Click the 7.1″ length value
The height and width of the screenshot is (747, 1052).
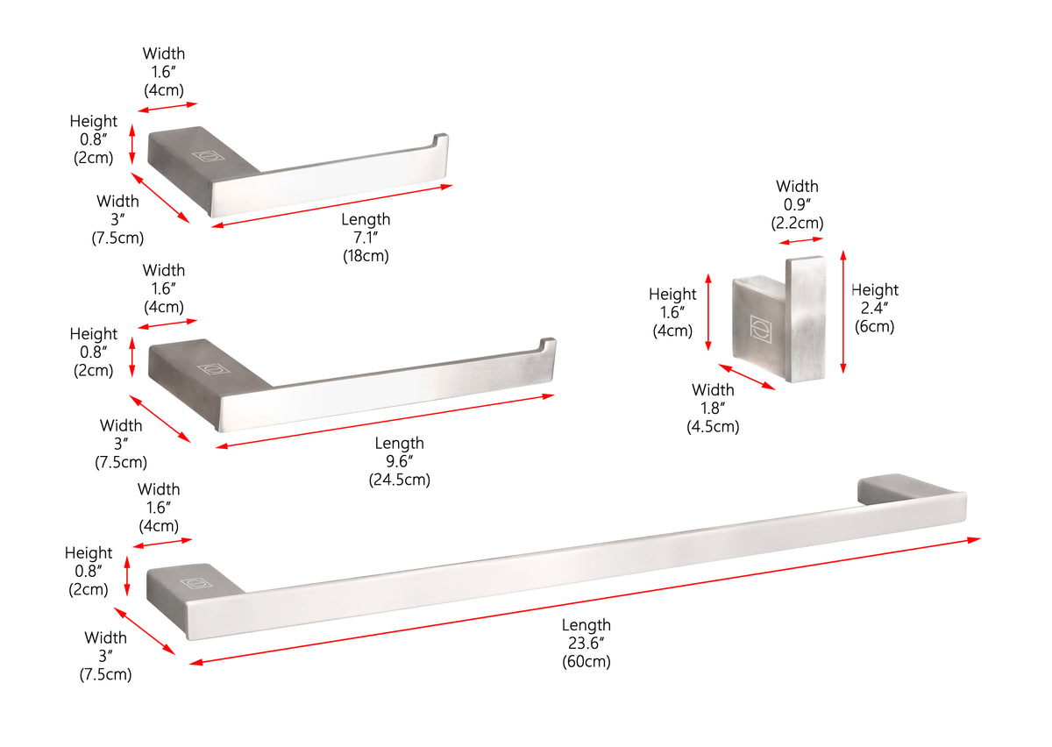click(366, 238)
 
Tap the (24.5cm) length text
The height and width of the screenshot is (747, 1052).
click(399, 480)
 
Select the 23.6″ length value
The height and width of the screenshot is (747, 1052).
click(586, 644)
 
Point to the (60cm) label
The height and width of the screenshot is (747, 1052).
click(586, 662)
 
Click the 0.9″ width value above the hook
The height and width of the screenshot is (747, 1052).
click(797, 205)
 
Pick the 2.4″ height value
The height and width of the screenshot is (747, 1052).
click(874, 309)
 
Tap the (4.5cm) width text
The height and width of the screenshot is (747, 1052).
click(713, 427)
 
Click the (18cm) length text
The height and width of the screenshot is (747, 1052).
click(366, 257)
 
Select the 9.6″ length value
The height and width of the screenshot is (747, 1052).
click(399, 461)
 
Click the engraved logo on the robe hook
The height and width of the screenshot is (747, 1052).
click(760, 328)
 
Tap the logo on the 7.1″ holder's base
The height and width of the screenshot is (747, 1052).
click(208, 155)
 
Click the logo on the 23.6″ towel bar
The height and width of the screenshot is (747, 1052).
click(195, 583)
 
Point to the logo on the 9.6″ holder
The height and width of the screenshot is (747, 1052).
click(214, 369)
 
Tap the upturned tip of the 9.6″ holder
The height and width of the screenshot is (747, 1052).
click(548, 344)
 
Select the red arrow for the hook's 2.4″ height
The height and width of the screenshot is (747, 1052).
click(843, 312)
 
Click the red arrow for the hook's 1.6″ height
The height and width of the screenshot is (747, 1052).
click(708, 312)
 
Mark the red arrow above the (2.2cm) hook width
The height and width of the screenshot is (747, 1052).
click(800, 241)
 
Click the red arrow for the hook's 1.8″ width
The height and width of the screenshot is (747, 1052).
click(747, 377)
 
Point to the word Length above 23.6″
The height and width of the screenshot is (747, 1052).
click(586, 625)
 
